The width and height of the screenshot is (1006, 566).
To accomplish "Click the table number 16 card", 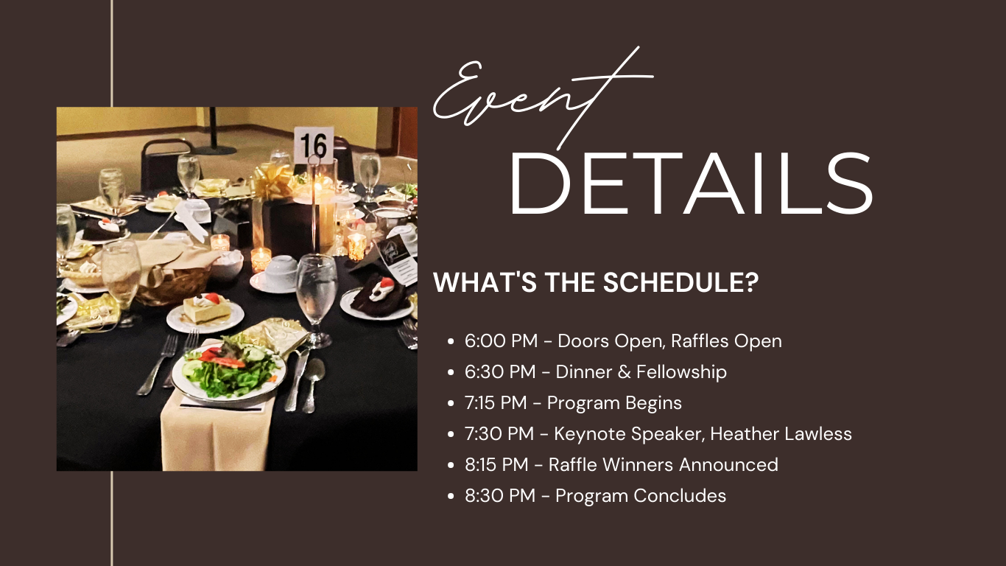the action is pos(314,145).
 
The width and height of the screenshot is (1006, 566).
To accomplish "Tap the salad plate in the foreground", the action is pos(228,371).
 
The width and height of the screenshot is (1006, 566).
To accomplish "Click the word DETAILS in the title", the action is pos(691,184).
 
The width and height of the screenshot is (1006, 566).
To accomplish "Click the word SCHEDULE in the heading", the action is pos(680,282).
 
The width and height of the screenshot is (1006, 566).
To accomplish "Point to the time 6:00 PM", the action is pos(502,340).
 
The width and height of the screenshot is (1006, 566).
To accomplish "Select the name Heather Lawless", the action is pos(781,434).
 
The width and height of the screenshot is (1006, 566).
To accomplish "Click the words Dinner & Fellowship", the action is pos(641,371).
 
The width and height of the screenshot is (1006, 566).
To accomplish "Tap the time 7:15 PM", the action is pos(496,403).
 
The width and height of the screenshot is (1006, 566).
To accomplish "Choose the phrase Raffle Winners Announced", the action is pos(664,465).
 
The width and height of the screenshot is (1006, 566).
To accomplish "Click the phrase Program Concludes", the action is pos(641,496).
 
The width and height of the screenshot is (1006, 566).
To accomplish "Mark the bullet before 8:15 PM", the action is pos(451,465).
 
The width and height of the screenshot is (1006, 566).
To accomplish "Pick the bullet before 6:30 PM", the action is pos(451,372).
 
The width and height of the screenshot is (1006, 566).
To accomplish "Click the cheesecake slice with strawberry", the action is pos(207,308).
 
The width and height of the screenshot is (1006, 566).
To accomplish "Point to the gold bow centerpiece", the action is pos(272,180).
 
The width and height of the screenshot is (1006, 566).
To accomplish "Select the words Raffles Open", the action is pos(726,340).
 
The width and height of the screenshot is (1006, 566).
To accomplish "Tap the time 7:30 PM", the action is pos(499,434).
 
